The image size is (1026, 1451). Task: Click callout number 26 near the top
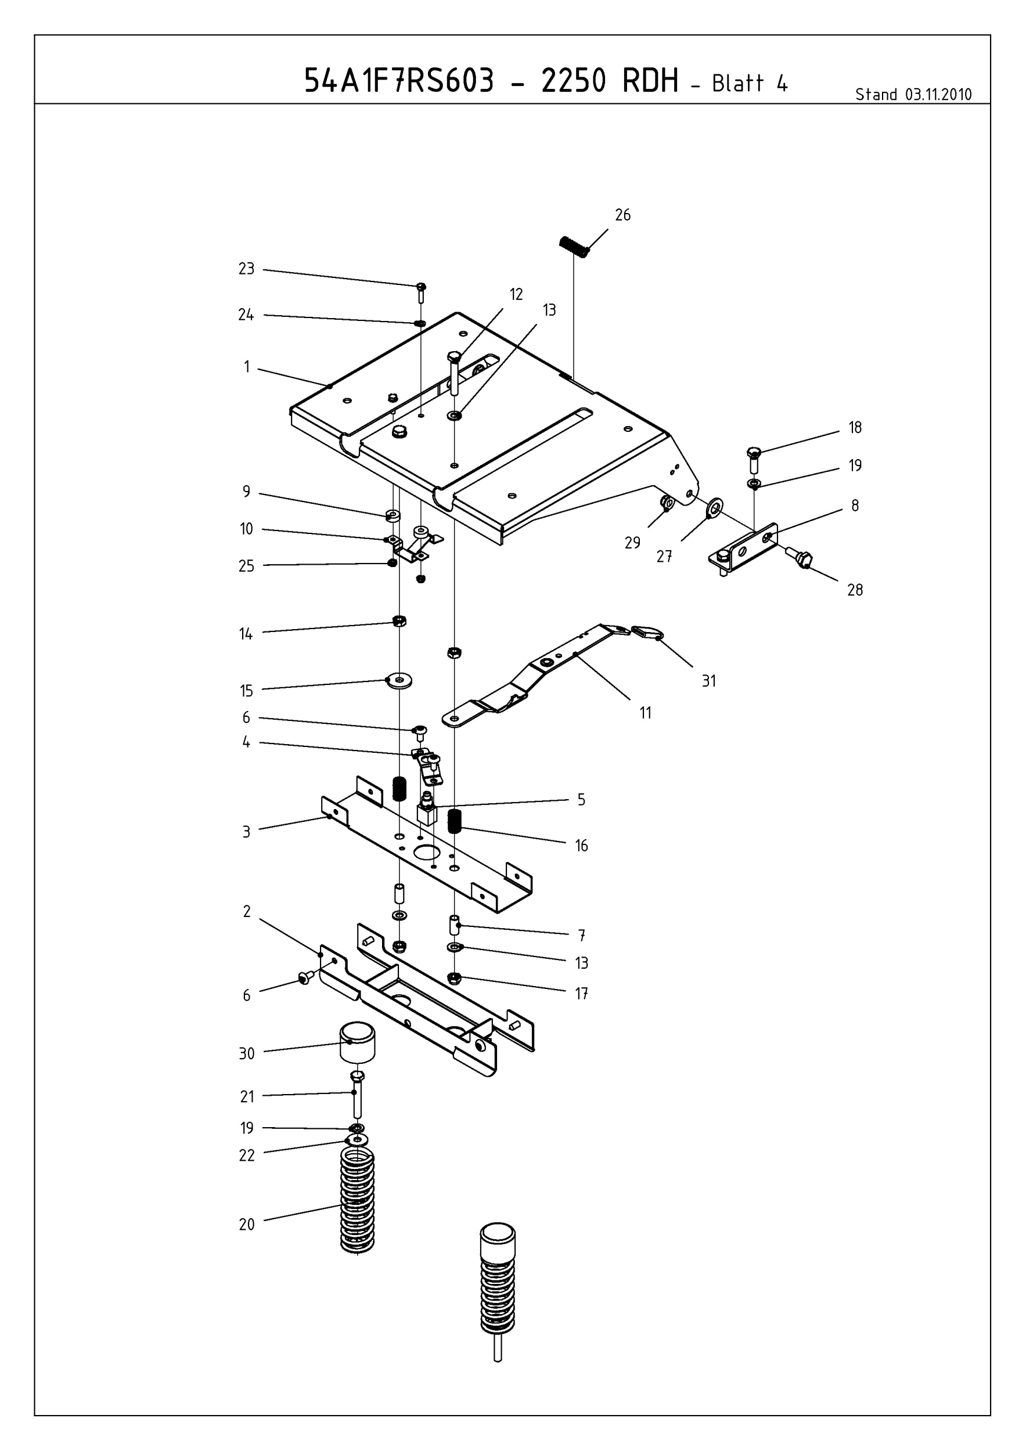click(622, 215)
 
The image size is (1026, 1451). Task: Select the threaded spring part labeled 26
click(574, 246)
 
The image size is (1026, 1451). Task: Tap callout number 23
click(246, 269)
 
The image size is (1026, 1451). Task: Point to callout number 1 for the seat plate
click(247, 367)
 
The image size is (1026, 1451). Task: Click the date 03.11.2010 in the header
click(938, 95)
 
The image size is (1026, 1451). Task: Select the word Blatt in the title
click(739, 84)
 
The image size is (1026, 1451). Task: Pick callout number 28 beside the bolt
click(855, 590)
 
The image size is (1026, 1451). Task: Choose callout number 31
click(708, 681)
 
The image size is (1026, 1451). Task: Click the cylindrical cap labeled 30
click(357, 1042)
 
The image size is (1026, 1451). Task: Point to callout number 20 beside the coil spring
click(247, 1225)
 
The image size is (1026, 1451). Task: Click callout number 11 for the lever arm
click(645, 713)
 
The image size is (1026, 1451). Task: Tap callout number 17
click(581, 994)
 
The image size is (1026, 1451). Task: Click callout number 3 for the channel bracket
click(247, 832)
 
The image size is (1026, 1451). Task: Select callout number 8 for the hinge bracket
click(855, 506)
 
